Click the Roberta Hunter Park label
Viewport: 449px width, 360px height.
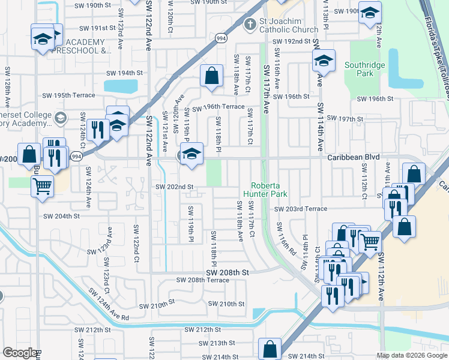click(x=269, y=190)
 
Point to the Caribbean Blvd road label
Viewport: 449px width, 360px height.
click(x=354, y=157)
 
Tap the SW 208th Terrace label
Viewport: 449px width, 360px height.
click(x=199, y=280)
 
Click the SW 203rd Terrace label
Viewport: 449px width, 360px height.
click(x=301, y=209)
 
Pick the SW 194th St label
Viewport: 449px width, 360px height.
click(x=124, y=73)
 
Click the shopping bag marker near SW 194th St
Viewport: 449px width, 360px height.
click(x=211, y=76)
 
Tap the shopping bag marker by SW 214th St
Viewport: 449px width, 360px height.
click(x=270, y=349)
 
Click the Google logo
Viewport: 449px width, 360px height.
click(x=19, y=353)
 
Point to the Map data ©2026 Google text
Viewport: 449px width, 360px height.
click(x=411, y=355)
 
